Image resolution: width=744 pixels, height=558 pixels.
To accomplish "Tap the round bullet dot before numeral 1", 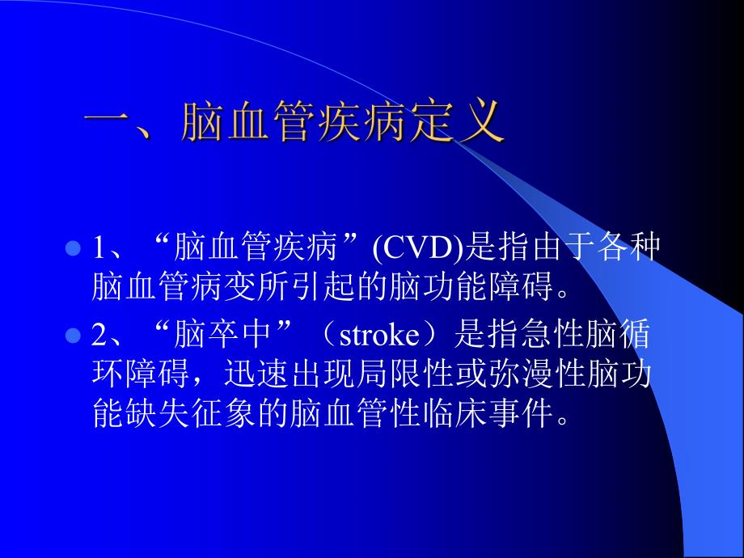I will [72, 247].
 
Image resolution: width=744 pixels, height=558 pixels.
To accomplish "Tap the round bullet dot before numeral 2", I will [72, 335].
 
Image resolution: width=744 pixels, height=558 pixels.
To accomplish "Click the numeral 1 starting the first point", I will [98, 249].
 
